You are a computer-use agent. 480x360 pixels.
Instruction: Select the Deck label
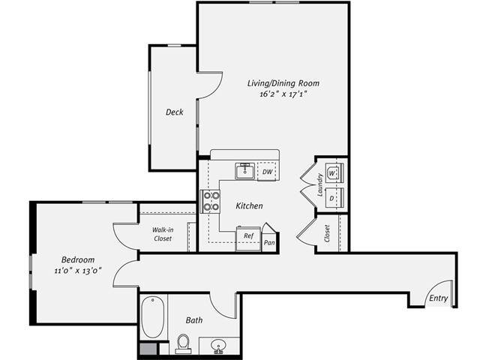(174, 112)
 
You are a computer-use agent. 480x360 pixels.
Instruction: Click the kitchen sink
(244, 171)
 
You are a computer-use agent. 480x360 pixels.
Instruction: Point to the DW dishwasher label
(267, 172)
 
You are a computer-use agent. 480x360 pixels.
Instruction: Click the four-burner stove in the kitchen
(211, 200)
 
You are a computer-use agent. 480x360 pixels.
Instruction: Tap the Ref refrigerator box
(248, 236)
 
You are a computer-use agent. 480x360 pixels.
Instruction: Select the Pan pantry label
(268, 242)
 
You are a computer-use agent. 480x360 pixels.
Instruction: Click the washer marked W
(334, 173)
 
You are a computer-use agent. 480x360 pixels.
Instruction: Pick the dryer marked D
(334, 198)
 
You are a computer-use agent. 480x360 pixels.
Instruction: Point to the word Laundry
(319, 185)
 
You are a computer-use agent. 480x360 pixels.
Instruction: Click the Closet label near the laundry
(327, 233)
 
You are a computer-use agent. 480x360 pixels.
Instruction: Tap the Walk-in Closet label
(163, 234)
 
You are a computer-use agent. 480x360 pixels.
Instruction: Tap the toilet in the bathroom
(183, 343)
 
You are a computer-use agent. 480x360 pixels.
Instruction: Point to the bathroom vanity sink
(219, 345)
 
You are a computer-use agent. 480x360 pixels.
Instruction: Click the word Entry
(439, 298)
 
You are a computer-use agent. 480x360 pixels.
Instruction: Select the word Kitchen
(249, 205)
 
